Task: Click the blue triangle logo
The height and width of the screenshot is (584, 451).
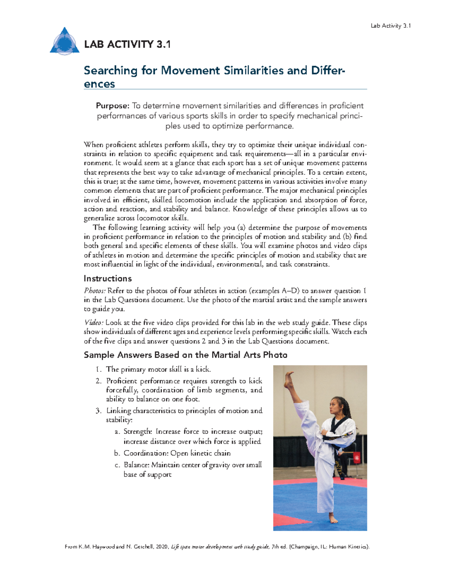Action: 65,42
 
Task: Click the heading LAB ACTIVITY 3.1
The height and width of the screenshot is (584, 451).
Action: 127,44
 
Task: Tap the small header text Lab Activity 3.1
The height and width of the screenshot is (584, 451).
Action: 390,26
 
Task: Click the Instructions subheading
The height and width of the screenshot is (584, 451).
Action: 107,279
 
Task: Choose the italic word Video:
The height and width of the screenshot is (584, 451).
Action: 94,323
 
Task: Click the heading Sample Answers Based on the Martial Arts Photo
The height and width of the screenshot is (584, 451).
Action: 185,355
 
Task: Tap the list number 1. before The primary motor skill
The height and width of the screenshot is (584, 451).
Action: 98,369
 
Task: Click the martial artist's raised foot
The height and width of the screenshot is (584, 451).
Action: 289,379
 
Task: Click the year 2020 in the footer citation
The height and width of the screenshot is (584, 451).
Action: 162,547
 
